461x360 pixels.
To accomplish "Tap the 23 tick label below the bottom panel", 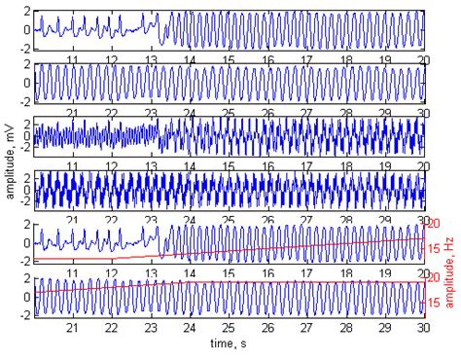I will pyautogui.click(x=151, y=330).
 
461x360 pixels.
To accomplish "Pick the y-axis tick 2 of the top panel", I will pyautogui.click(x=25, y=13).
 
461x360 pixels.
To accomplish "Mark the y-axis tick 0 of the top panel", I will pyautogui.click(x=25, y=29).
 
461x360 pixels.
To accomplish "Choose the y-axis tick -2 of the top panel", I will pyautogui.click(x=23, y=46).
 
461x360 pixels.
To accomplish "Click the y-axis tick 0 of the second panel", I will pyautogui.click(x=25, y=83).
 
